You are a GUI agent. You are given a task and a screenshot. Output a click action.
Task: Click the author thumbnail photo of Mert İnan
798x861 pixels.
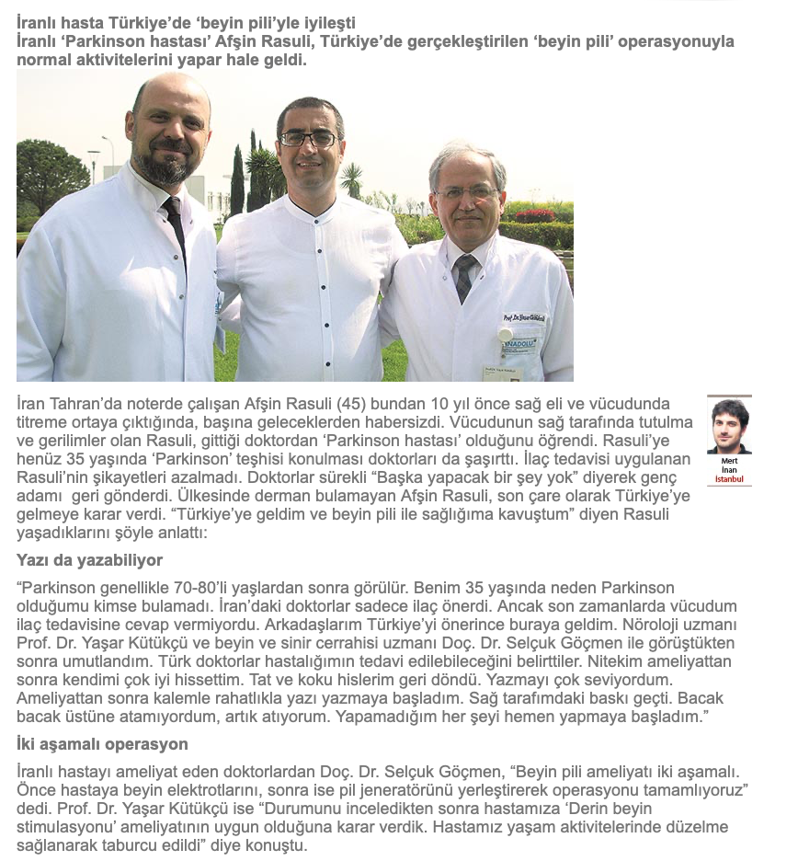tap(729, 426)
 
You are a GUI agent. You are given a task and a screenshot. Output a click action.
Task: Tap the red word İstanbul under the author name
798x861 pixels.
tap(729, 479)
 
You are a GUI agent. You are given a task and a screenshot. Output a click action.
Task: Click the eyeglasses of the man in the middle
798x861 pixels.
tap(308, 139)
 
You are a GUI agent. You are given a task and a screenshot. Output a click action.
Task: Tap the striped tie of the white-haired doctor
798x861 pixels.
tap(465, 276)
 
